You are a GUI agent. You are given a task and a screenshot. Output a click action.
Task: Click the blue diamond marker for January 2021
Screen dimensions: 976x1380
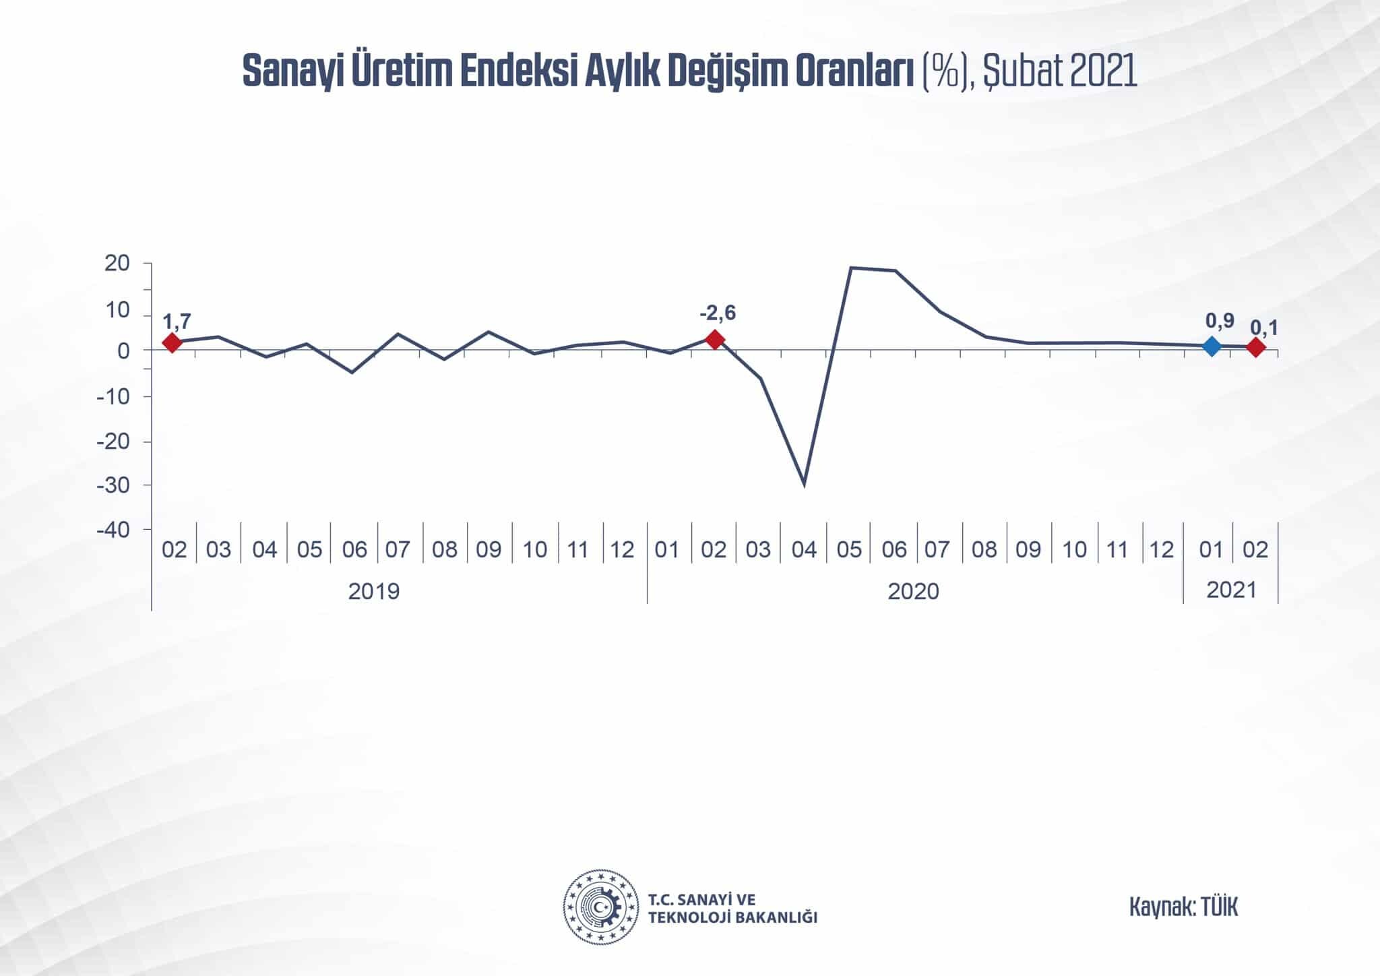[x=1211, y=346]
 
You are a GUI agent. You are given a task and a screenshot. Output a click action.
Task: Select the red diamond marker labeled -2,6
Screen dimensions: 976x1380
[x=714, y=339]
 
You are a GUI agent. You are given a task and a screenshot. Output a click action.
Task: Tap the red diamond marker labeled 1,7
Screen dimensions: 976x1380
[x=172, y=342]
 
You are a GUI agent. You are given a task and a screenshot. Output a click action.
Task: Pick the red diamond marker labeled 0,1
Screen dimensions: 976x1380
[x=1255, y=347]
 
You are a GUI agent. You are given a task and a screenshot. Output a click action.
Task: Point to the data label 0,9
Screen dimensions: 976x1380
[x=1220, y=321]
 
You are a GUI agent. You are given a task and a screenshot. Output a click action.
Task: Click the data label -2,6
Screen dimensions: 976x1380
[x=718, y=313]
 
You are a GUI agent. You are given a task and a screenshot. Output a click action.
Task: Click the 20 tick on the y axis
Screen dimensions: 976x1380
[x=117, y=264]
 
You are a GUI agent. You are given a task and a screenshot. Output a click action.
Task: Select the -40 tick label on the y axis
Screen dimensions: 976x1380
[x=113, y=530]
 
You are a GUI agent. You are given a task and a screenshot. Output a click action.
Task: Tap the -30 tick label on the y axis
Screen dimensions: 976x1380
[x=113, y=485]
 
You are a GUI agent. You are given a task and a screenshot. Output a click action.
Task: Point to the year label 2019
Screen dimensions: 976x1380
[x=374, y=591]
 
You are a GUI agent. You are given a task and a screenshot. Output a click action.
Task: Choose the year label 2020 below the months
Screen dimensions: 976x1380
[x=913, y=591]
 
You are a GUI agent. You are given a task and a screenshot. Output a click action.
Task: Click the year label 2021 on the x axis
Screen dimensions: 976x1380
[x=1231, y=590]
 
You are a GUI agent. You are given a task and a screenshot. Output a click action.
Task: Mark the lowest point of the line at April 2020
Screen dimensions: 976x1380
[x=804, y=484]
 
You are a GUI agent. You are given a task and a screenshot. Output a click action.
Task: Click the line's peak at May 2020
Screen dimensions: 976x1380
[x=850, y=268]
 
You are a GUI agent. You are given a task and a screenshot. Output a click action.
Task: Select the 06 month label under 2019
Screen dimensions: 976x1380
[x=354, y=550]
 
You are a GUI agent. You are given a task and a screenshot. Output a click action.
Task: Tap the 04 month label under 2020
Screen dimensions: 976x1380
[x=804, y=550]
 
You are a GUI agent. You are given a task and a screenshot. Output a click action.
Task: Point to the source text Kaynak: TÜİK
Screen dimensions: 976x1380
[x=1183, y=907]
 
